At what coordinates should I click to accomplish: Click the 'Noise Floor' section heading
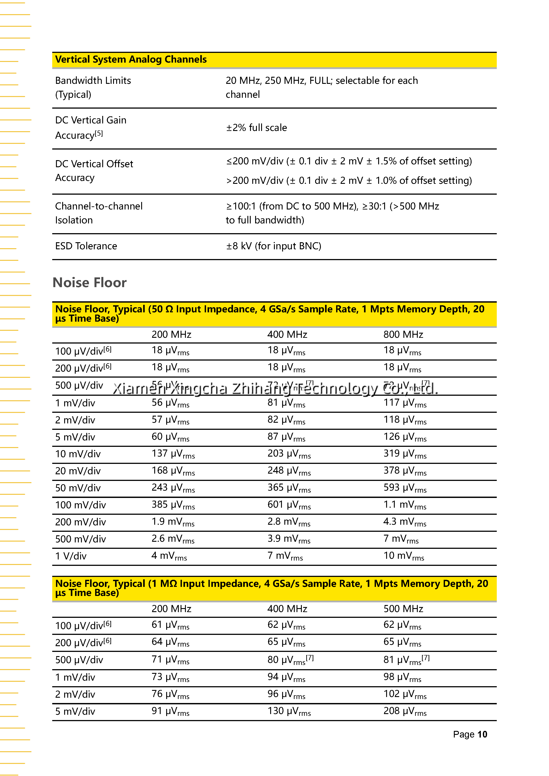(90, 282)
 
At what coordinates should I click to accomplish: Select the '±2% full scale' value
(256, 128)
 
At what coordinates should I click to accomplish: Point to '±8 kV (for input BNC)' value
(274, 246)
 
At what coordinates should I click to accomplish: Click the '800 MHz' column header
(403, 335)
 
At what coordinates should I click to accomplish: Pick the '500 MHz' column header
(403, 609)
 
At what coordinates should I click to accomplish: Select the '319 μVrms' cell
(405, 454)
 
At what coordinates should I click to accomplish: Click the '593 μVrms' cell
(405, 488)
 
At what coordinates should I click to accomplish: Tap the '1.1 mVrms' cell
(405, 505)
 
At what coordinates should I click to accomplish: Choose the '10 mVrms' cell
(404, 556)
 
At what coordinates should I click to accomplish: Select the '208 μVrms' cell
(405, 711)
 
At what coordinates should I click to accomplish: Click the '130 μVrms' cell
(289, 711)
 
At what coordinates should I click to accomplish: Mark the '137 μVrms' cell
(173, 454)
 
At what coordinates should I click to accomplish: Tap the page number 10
(482, 734)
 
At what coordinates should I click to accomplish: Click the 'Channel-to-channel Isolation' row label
(99, 213)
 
